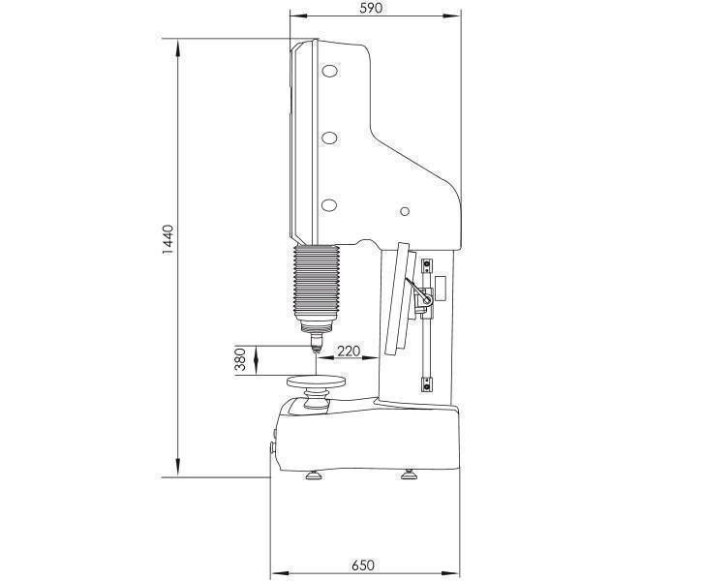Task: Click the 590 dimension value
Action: point(371,8)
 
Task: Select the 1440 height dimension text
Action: point(168,240)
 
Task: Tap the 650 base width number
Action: point(362,566)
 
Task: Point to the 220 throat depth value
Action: point(348,351)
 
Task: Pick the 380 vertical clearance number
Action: point(241,359)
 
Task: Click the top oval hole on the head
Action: point(330,71)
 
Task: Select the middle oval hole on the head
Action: point(329,138)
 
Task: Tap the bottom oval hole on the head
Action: point(329,205)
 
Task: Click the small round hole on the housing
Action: point(405,211)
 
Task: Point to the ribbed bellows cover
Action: point(316,282)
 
